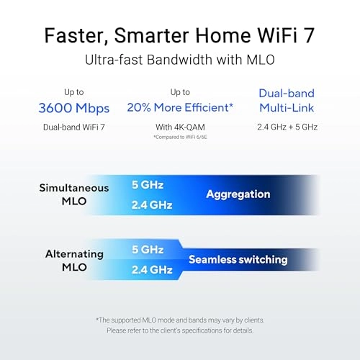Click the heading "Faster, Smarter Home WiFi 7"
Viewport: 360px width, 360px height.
179,34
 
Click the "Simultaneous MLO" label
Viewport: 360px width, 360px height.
74,194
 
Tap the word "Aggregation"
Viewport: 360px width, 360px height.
238,194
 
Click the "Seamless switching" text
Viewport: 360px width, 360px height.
238,259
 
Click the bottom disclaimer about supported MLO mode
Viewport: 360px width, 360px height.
180,324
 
